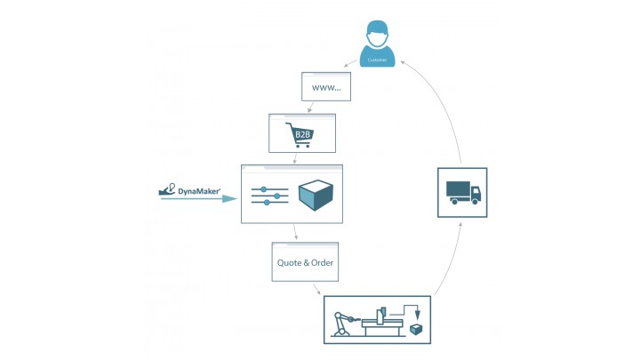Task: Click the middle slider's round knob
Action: click(278, 196)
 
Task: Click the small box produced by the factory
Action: click(415, 329)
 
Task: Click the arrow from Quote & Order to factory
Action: click(316, 290)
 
